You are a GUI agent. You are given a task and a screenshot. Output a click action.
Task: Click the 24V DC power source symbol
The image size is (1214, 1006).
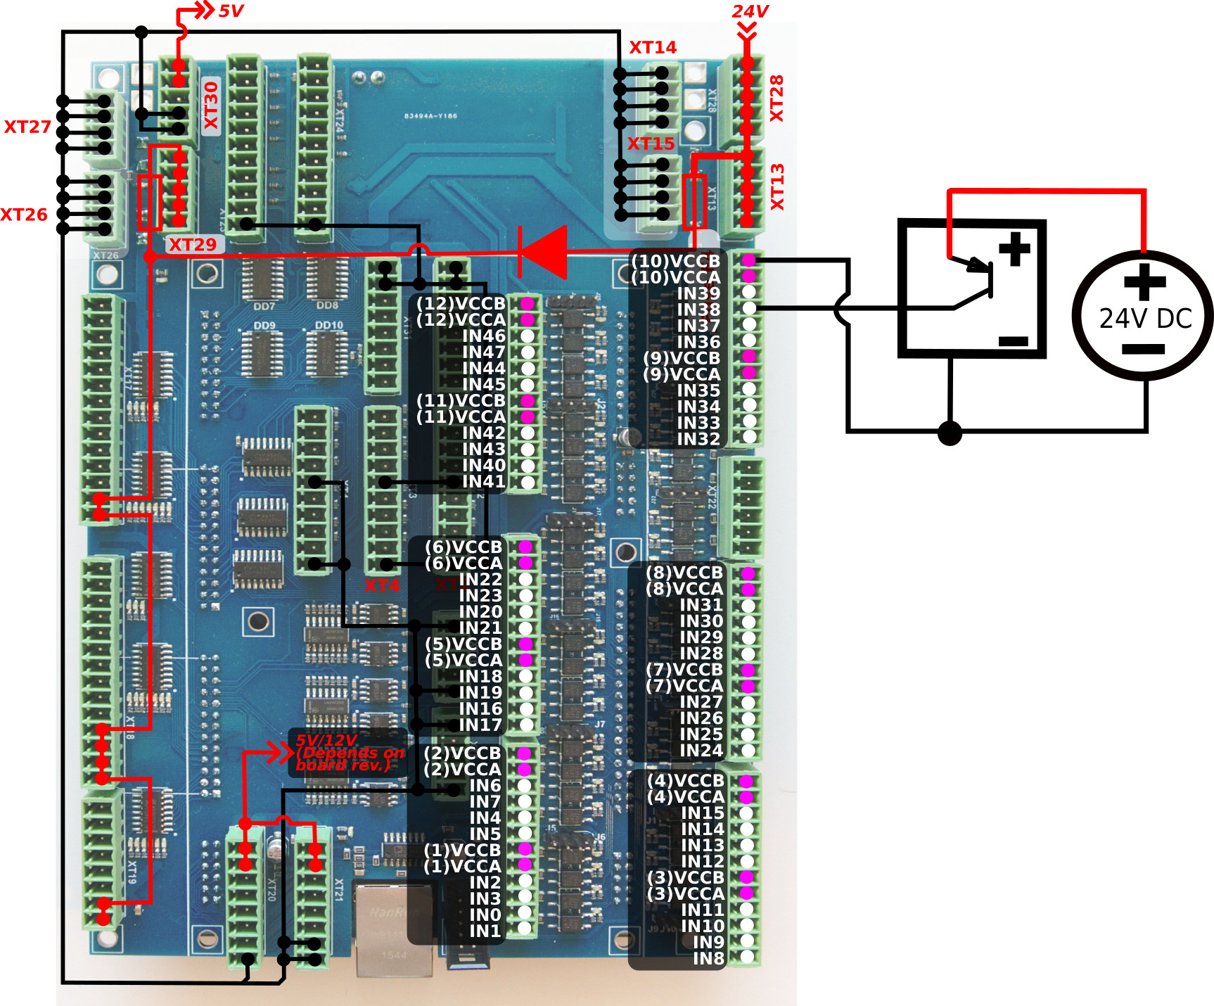1142,316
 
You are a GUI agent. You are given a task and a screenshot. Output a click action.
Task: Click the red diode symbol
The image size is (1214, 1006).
543,252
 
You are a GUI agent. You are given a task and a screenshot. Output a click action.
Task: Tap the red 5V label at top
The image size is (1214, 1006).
231,11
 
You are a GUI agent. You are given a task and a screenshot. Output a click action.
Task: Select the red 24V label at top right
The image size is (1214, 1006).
750,11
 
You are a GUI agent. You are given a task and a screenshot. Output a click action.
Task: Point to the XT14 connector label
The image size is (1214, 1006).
653,47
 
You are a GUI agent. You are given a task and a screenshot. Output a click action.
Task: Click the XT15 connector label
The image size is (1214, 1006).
651,144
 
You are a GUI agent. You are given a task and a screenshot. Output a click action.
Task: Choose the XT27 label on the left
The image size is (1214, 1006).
27,127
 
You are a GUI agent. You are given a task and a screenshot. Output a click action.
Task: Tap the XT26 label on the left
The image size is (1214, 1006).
24,215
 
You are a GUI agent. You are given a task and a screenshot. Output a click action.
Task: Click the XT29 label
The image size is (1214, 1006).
193,245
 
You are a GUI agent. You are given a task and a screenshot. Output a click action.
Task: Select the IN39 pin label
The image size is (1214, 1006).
698,293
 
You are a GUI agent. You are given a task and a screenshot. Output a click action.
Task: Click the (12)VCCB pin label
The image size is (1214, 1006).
461,303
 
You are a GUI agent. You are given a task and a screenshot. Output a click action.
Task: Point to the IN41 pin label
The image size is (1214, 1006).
484,481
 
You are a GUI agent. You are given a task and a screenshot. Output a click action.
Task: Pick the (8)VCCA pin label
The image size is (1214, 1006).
684,589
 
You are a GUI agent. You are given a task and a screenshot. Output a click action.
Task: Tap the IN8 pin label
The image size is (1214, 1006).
708,958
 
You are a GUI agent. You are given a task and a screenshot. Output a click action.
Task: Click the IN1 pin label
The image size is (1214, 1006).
485,931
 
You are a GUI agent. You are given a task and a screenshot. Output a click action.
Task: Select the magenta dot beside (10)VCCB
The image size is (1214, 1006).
749,260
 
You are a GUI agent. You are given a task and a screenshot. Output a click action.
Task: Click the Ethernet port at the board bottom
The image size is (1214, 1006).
394,929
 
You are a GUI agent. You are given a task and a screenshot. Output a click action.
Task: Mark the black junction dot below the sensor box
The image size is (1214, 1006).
950,433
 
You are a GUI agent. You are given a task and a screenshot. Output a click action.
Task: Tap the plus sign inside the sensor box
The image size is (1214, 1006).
1014,249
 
